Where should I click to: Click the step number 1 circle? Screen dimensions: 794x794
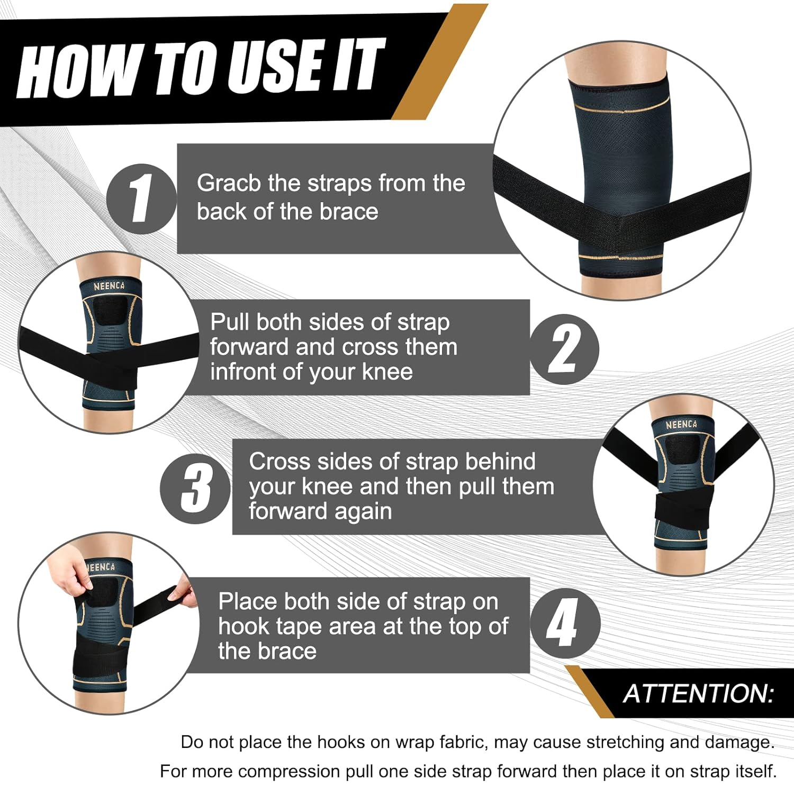[141, 199]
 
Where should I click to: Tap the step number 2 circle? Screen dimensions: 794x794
[564, 349]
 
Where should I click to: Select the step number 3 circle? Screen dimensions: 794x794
[195, 489]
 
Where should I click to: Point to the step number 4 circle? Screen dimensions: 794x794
[565, 623]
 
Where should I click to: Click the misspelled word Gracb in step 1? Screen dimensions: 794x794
[229, 183]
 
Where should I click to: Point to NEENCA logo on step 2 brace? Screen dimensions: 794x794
[109, 286]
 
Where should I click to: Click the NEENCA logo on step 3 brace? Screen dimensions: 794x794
[681, 425]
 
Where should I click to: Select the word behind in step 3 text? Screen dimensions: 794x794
[500, 462]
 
